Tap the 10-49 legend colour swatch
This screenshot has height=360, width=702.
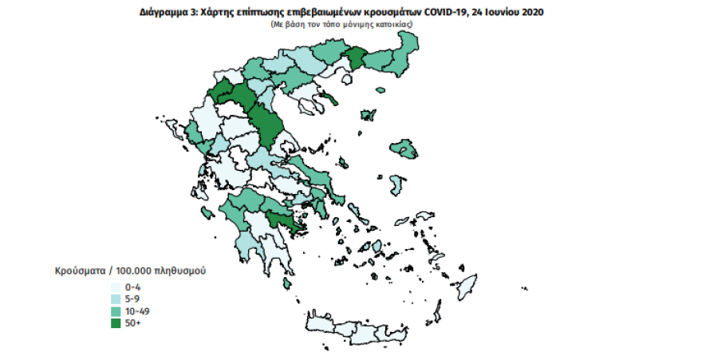117,311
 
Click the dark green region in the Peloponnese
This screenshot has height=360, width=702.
283,222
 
